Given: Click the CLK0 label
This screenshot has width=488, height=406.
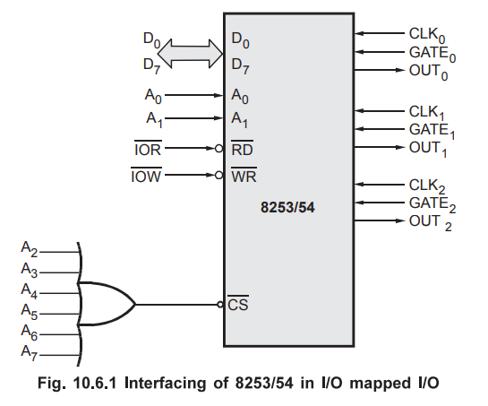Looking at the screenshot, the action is [x=427, y=35].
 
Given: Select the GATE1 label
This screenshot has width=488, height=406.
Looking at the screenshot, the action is [x=432, y=131].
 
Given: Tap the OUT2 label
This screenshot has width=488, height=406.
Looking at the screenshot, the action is [x=430, y=222].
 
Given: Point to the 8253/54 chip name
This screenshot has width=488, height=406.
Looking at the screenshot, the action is [x=287, y=207].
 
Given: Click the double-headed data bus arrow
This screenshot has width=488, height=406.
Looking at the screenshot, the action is [x=190, y=54].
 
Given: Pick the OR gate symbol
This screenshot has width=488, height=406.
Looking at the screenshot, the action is [x=106, y=304].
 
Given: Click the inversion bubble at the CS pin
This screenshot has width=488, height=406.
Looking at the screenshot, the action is [x=220, y=304].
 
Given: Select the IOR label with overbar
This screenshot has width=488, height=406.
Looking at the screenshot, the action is [x=148, y=149].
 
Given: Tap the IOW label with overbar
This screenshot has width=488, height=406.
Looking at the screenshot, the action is [x=146, y=176].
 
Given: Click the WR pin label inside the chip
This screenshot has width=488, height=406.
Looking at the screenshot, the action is [x=244, y=176].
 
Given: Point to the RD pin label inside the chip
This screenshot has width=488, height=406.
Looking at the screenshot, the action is [x=242, y=149].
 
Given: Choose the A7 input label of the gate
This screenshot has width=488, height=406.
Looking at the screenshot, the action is [x=29, y=352].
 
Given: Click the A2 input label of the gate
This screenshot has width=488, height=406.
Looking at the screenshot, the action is [x=29, y=249].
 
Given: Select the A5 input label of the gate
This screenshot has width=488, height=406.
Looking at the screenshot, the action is [x=29, y=311].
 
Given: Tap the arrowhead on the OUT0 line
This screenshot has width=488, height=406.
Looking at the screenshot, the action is [x=399, y=70].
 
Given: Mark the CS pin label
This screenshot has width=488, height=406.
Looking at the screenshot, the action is [x=238, y=303].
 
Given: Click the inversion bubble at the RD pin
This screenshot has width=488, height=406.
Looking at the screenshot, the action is [x=219, y=149].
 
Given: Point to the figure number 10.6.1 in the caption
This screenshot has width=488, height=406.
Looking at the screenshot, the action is [x=95, y=383].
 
